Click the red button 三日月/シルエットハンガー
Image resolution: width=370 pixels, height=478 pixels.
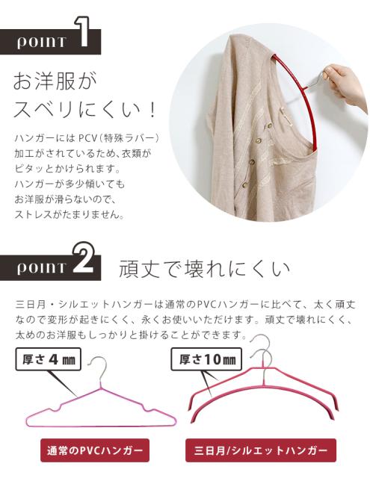coord(261,451)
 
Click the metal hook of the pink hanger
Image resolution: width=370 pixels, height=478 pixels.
coord(95,370)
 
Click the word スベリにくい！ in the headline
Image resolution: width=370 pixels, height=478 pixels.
coord(85,110)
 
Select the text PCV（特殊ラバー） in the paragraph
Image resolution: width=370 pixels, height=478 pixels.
coord(123,139)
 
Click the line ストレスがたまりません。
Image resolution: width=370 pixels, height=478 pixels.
coord(71,214)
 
